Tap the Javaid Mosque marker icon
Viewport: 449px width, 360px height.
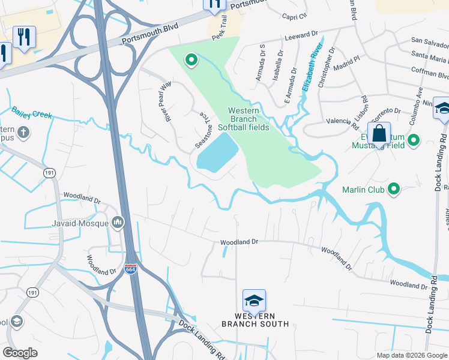(118, 223)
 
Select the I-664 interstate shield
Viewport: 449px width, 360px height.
(131, 269)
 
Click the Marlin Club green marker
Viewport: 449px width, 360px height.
(394, 190)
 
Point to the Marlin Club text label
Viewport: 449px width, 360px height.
(362, 190)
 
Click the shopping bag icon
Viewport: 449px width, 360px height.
(379, 134)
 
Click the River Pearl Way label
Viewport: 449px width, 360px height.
(165, 101)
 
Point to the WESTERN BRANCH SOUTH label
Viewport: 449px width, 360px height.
(255, 320)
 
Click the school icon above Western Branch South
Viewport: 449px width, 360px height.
(254, 301)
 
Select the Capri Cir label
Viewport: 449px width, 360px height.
(294, 16)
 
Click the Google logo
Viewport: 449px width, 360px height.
(20, 353)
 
